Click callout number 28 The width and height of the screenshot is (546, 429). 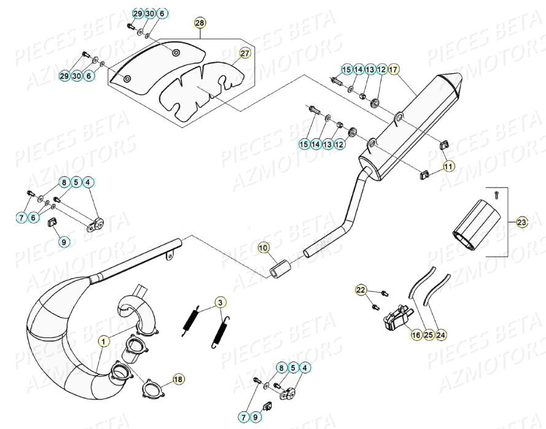pyautogui.click(x=200, y=23)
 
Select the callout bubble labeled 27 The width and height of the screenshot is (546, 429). pyautogui.click(x=244, y=53)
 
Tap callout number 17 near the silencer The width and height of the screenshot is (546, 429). pyautogui.click(x=393, y=69)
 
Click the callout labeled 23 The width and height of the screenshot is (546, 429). pyautogui.click(x=521, y=222)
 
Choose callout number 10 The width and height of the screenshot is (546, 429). pyautogui.click(x=263, y=248)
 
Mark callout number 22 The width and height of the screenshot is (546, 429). pyautogui.click(x=361, y=289)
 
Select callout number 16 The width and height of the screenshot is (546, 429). pyautogui.click(x=416, y=335)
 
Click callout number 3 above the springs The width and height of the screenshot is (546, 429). pyautogui.click(x=220, y=302)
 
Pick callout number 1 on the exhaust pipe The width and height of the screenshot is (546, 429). pyautogui.click(x=104, y=340)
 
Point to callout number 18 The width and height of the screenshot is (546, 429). pyautogui.click(x=177, y=379)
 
